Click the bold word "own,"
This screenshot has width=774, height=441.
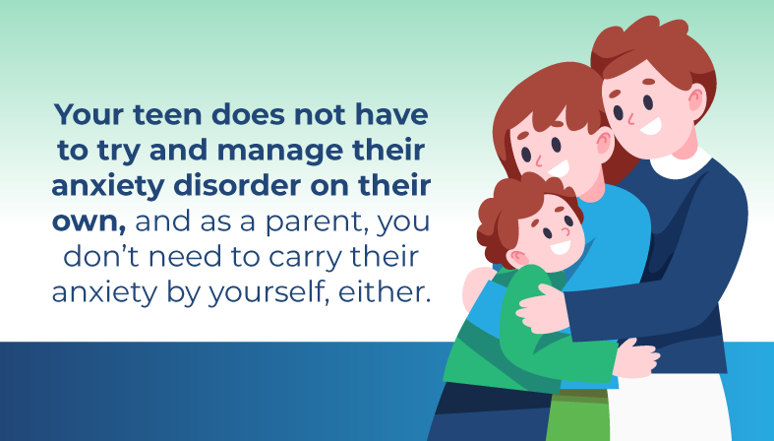89,222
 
